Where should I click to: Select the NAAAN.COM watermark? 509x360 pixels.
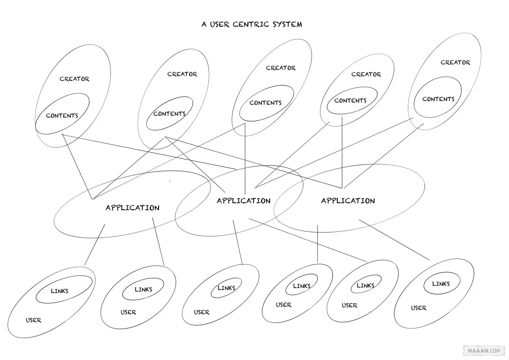484,350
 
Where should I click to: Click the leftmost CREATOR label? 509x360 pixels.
74,79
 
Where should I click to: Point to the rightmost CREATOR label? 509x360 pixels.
455,62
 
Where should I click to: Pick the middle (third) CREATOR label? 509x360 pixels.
280,68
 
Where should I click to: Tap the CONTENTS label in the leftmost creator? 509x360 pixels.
62,116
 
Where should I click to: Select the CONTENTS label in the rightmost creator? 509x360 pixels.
438,99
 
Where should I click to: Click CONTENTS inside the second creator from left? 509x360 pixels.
169,114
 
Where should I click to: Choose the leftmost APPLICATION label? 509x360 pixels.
133,208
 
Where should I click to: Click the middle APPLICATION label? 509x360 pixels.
244,201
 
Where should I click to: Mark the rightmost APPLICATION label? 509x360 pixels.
348,201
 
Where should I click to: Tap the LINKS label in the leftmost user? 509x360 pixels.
59,291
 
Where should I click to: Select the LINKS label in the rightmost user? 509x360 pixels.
441,284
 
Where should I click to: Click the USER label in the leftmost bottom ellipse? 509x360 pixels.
33,320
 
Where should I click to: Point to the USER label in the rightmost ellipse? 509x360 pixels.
418,308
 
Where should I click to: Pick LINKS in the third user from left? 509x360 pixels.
226,288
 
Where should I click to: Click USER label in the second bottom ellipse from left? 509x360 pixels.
128,312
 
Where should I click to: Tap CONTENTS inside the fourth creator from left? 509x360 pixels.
350,100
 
